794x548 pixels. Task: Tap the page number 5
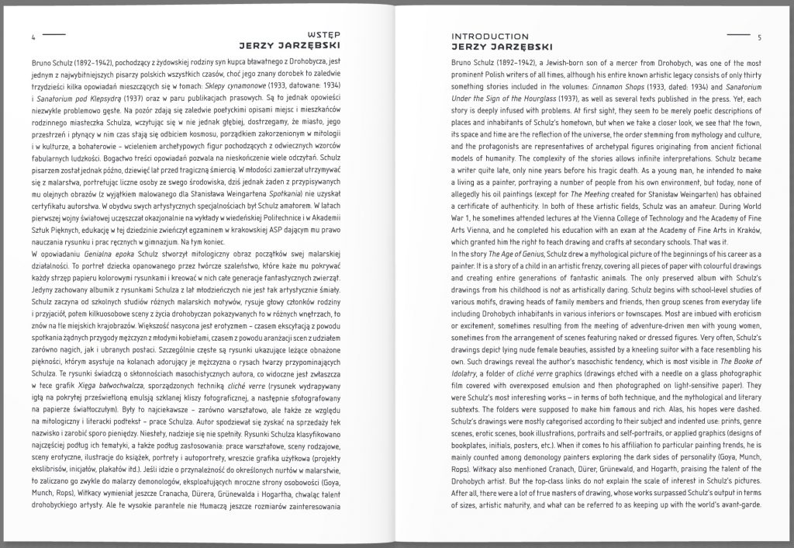coord(760,36)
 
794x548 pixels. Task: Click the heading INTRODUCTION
coord(490,36)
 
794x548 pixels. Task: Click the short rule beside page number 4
coord(54,35)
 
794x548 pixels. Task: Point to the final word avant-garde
coord(740,501)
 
